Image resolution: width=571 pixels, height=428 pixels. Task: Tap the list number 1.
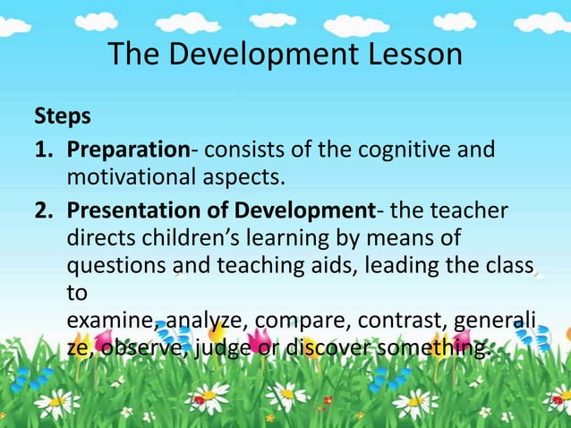click(42, 148)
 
